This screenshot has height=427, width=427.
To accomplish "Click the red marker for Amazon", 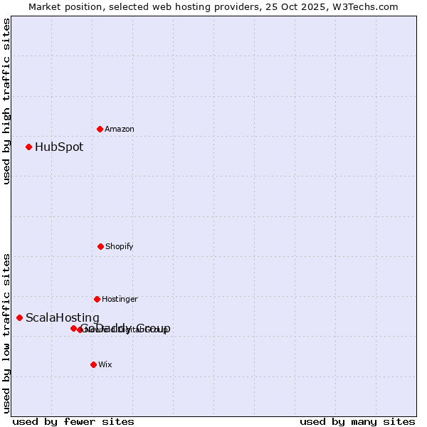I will click(100, 129).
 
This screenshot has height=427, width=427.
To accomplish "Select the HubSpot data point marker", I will click(28, 147).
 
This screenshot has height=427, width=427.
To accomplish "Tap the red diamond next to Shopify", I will click(100, 246).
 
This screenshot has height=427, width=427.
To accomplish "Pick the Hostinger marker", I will click(97, 299).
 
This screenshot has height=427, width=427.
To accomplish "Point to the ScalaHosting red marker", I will click(19, 317).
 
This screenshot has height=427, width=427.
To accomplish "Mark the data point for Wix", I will click(93, 364).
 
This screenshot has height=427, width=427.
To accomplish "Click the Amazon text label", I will click(120, 129).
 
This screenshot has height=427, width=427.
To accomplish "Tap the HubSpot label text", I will click(59, 147).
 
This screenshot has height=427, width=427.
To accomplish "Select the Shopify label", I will click(120, 246).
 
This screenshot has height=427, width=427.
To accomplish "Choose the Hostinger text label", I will click(120, 299).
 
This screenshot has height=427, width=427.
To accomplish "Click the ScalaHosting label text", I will click(63, 318).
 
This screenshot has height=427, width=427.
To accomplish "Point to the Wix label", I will click(105, 364).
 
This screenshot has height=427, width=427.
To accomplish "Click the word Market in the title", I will click(45, 6).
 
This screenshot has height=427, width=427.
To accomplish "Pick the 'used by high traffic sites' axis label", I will click(6, 101).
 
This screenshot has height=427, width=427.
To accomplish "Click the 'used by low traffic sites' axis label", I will click(6, 332).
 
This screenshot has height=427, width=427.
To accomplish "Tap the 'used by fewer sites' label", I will click(73, 422).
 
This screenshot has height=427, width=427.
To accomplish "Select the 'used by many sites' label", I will click(357, 422).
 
